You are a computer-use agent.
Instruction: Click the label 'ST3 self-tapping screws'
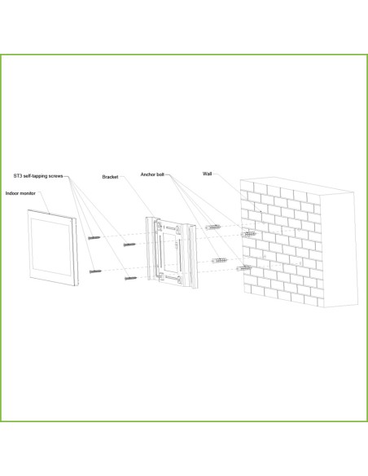click(38, 176)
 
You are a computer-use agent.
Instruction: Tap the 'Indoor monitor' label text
click(20, 193)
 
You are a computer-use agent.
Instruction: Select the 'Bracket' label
click(110, 177)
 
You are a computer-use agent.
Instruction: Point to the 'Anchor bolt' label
click(152, 174)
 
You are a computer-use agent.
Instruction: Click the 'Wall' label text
click(207, 174)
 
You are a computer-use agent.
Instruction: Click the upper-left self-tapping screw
click(94, 238)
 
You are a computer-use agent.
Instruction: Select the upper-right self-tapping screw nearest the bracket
click(129, 245)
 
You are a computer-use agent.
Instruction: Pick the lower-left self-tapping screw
click(95, 271)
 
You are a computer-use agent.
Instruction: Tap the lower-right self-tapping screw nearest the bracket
click(130, 278)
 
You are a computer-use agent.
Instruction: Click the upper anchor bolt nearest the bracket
click(212, 227)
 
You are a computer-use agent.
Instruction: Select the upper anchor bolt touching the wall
click(248, 234)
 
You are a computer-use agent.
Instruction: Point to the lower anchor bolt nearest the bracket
click(219, 261)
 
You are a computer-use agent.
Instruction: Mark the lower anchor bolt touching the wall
click(243, 268)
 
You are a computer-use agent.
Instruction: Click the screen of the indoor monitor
click(51, 247)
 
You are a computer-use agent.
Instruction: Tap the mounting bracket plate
click(172, 253)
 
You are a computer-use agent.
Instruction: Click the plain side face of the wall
click(339, 249)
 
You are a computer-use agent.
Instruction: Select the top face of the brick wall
click(297, 184)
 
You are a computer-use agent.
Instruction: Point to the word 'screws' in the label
click(55, 176)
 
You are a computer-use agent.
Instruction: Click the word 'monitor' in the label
click(28, 193)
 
